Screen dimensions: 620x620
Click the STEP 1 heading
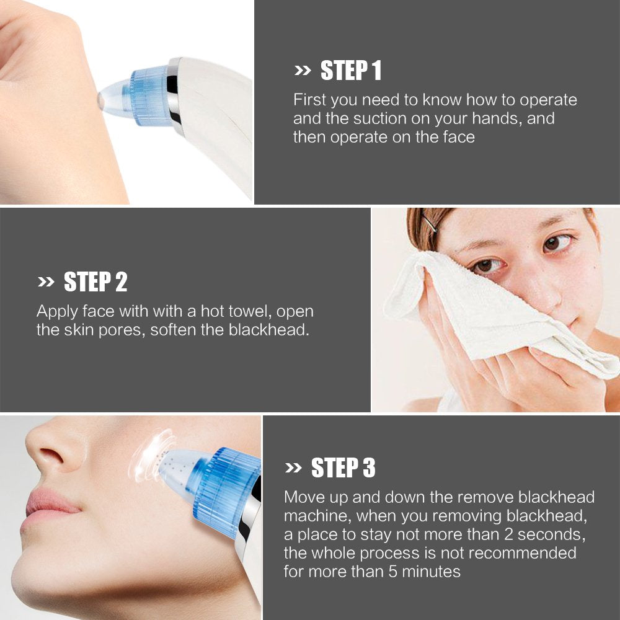[351, 71]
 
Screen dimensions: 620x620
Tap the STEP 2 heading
[95, 281]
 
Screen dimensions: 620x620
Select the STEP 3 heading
[343, 467]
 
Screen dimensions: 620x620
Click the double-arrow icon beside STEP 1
[303, 71]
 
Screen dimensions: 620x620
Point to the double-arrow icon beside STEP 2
[46, 282]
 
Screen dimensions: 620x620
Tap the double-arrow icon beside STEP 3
[293, 467]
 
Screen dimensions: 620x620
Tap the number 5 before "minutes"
[392, 572]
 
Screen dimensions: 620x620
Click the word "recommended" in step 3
[522, 553]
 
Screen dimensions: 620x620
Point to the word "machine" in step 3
[317, 516]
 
